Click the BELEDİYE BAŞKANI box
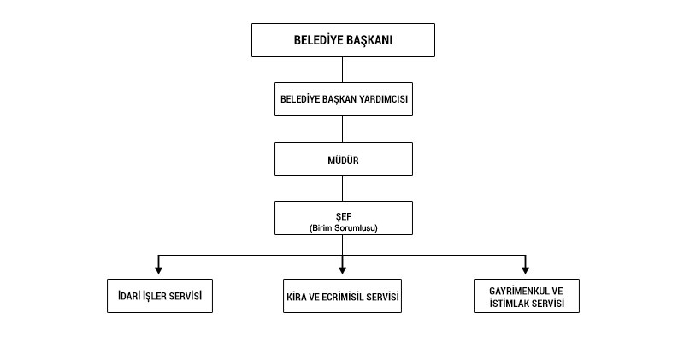pos(343,40)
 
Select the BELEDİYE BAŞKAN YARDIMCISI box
pos(343,98)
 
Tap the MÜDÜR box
pos(343,159)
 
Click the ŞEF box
pos(343,217)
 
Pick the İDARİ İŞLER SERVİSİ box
pos(158,296)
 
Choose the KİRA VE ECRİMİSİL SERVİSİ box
pos(343,296)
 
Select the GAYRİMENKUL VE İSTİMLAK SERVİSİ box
pos(526,296)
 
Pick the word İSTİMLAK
pos(505,303)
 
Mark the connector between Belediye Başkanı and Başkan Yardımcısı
pos(343,69)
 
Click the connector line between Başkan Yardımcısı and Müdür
pos(343,129)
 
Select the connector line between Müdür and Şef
pos(343,188)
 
